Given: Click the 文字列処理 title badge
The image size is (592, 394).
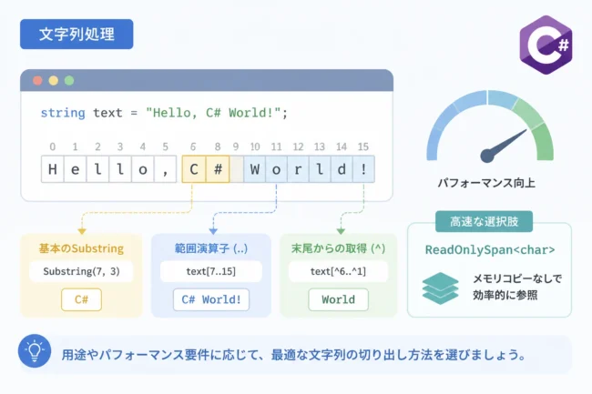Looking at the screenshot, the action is click(77, 35).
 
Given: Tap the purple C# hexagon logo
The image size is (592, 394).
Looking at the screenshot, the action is click(546, 45).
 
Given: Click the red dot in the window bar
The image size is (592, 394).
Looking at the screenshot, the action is click(37, 81).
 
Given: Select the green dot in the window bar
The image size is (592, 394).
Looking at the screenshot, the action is click(69, 81).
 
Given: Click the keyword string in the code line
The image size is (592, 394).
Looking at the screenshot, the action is click(63, 113).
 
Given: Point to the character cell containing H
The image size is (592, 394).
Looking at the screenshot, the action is click(53, 169).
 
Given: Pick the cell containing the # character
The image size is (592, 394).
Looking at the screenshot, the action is click(218, 169).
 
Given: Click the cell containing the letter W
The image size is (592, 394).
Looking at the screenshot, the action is click(255, 169).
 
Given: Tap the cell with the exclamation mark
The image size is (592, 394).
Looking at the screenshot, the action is click(363, 169).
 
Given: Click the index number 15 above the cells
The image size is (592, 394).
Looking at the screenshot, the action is click(363, 146).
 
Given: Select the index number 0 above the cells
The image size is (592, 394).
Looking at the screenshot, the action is click(53, 146).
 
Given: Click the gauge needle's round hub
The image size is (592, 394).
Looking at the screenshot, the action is click(487, 156).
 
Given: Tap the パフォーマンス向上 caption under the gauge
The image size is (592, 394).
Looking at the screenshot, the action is click(486, 183).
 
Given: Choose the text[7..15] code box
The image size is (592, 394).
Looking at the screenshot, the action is click(211, 271).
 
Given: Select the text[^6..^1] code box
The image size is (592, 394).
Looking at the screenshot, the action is click(338, 271).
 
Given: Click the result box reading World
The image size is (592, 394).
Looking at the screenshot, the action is click(338, 299).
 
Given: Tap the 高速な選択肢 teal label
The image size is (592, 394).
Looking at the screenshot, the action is click(484, 222).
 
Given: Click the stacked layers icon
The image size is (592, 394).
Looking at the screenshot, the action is click(440, 288).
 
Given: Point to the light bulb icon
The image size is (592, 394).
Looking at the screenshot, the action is click(35, 351).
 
